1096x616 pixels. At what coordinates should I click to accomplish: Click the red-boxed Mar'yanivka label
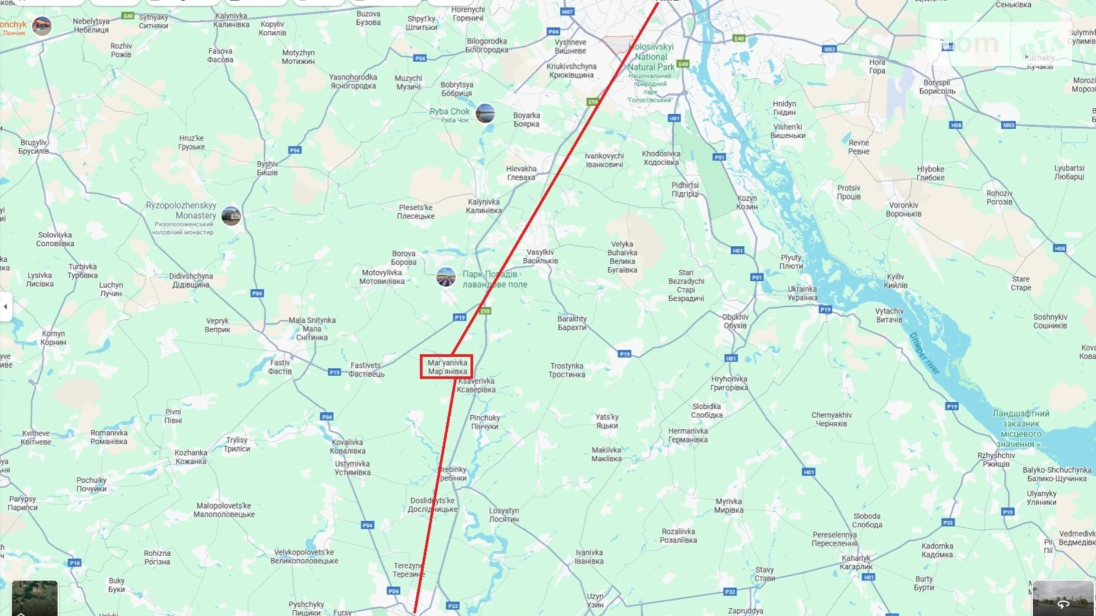447,367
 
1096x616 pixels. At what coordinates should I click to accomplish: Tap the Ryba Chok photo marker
485,113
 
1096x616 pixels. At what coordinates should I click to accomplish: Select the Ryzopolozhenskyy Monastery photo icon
231,216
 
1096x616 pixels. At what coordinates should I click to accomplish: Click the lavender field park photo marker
446,277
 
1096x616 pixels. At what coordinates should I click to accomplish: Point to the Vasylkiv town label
540,256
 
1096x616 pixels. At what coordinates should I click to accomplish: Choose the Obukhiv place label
735,321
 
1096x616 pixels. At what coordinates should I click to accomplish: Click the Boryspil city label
937,87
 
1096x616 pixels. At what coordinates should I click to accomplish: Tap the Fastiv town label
280,367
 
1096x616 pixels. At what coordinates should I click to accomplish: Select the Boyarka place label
526,120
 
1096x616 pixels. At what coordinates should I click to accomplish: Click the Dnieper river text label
925,354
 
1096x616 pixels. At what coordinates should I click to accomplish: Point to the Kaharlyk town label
856,562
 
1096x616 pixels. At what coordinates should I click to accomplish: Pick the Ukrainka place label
802,293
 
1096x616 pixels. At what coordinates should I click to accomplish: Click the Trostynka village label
566,370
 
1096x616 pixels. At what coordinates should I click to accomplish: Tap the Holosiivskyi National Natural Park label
650,57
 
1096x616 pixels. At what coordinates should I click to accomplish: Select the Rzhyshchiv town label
996,460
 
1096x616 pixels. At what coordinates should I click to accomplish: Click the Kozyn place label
746,203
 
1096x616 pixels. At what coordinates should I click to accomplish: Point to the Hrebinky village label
453,474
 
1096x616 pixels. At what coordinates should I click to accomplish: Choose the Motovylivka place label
382,277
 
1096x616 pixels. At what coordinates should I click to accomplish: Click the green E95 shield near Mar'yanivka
485,311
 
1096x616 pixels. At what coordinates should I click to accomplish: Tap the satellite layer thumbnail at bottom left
34,598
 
